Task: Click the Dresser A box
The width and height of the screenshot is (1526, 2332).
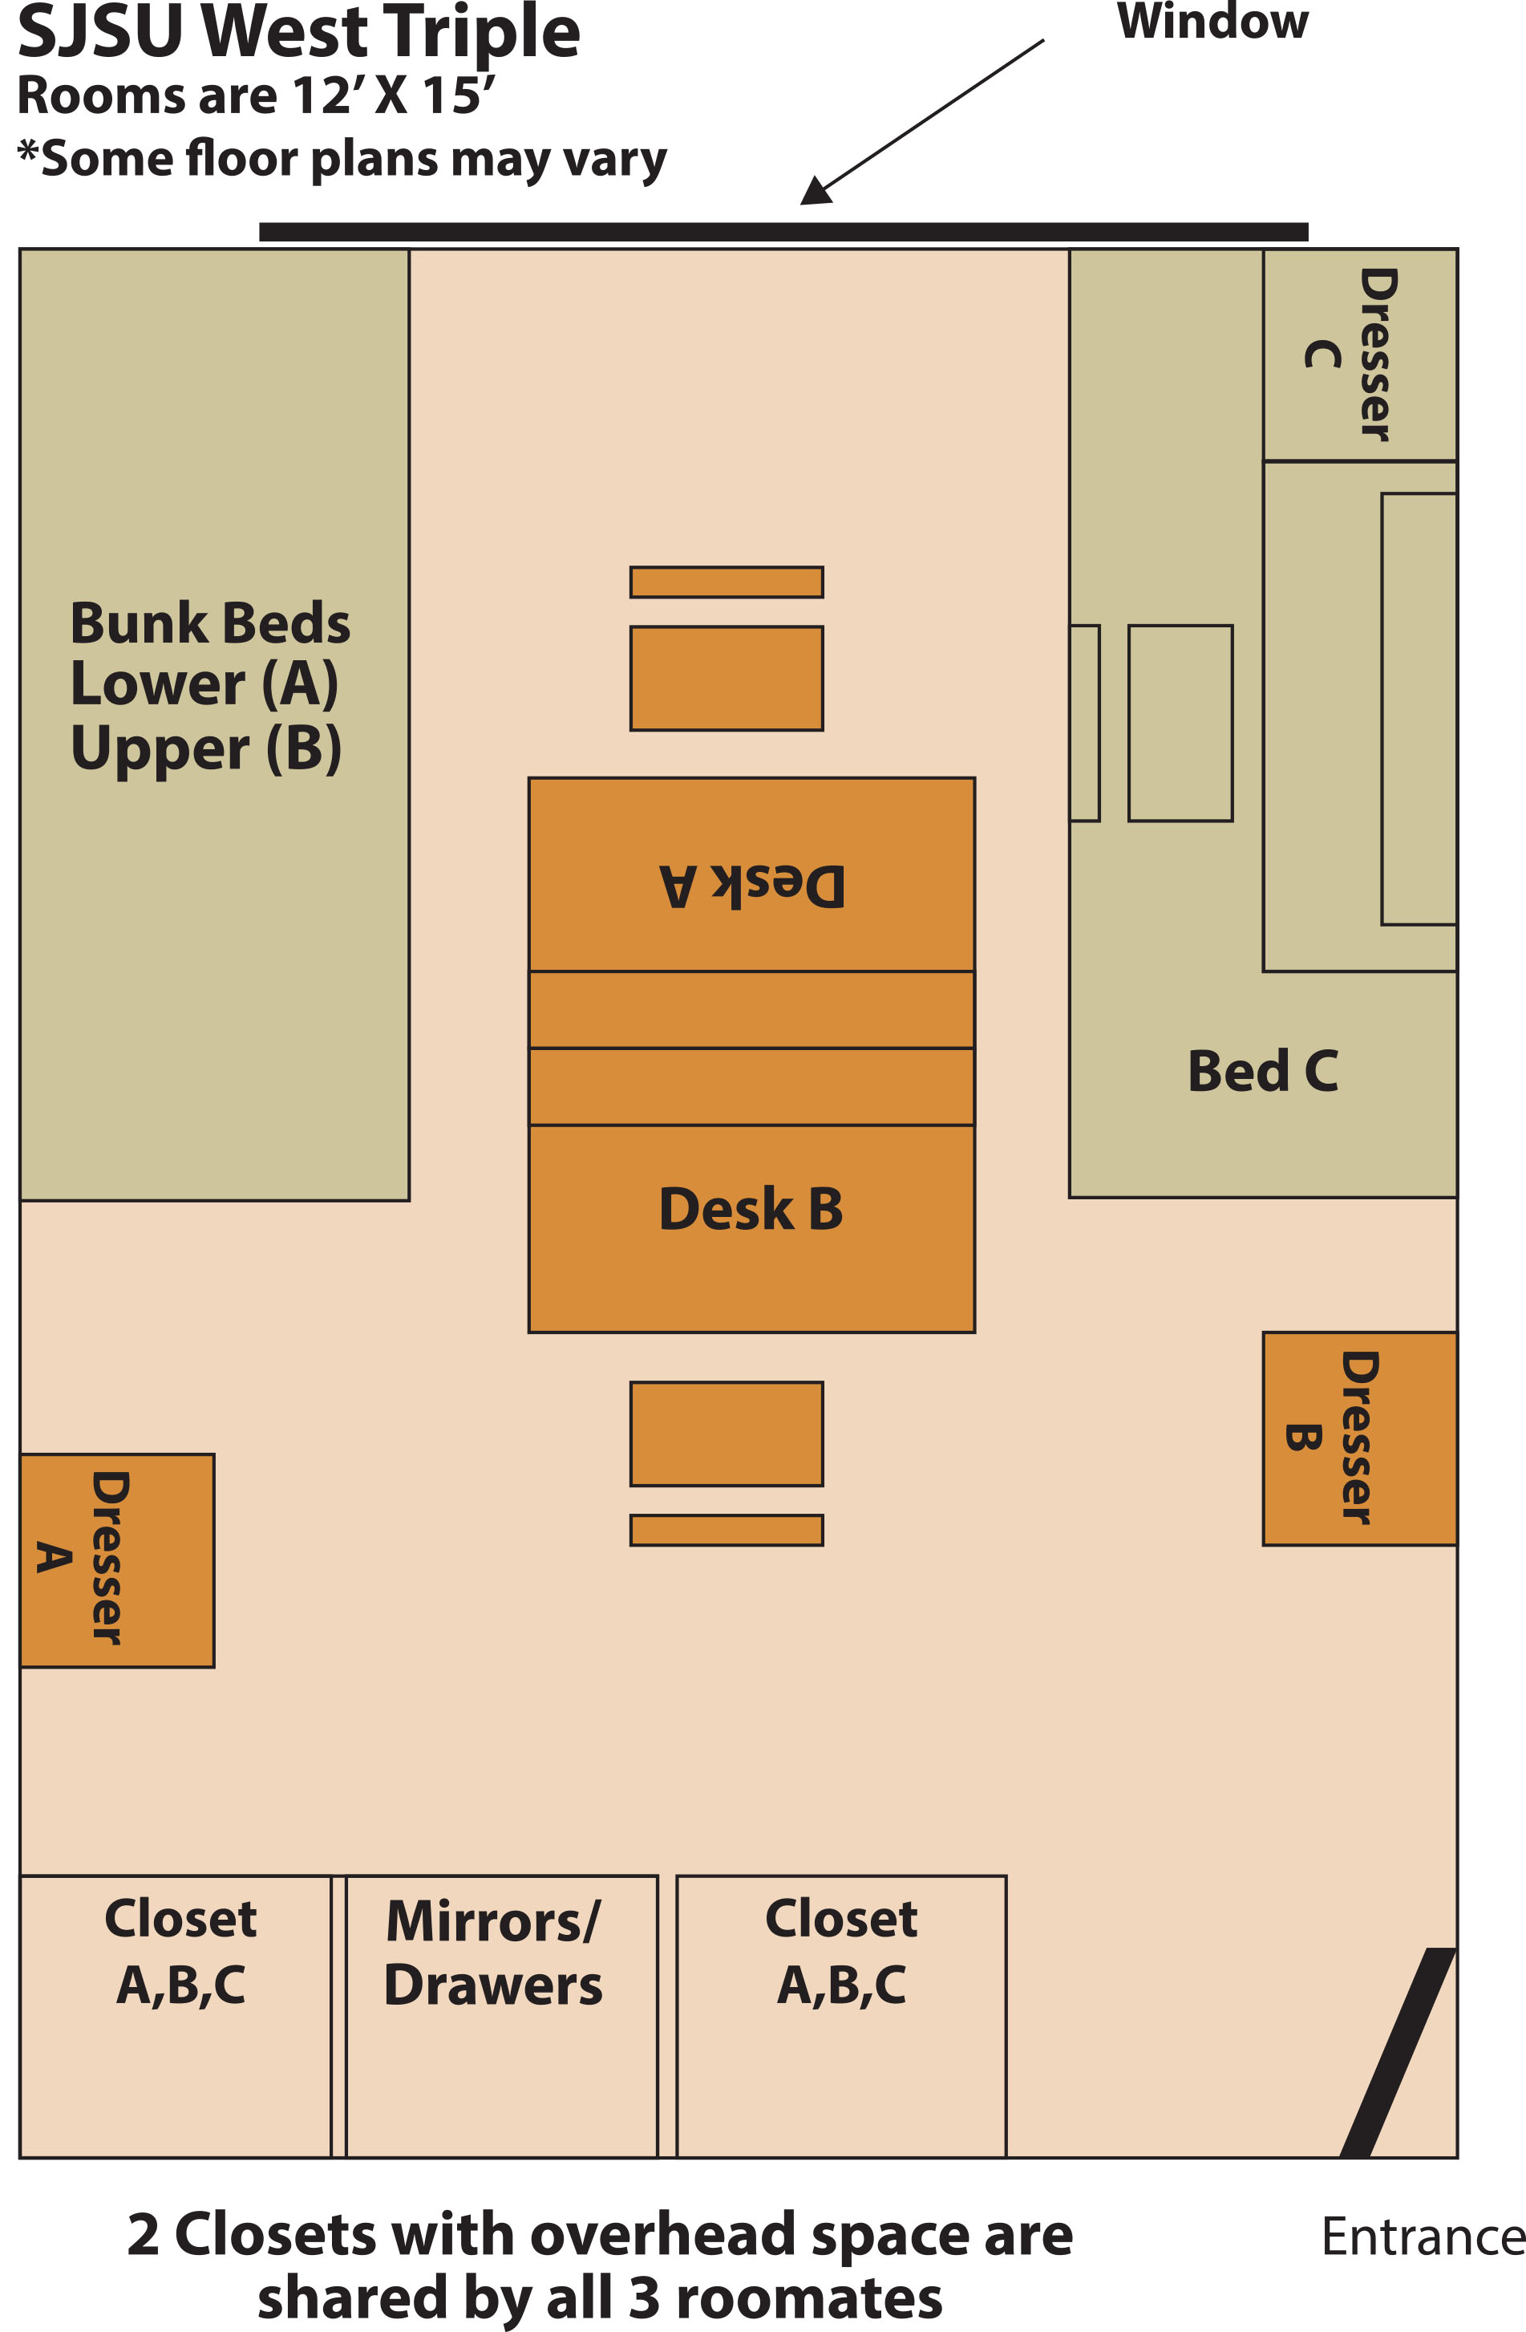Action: [116, 1560]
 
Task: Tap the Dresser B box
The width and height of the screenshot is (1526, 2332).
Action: [1358, 1438]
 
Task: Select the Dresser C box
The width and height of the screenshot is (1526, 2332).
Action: [1358, 355]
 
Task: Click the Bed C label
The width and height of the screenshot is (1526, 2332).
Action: [1261, 1070]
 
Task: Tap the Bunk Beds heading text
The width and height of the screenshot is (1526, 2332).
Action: [209, 623]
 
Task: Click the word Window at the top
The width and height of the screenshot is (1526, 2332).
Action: [1212, 22]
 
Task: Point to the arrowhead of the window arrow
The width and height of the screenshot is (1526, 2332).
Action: [816, 190]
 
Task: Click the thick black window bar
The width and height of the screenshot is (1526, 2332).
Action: [783, 232]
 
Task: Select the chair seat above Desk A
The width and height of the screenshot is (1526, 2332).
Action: [726, 678]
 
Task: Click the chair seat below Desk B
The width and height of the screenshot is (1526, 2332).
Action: [726, 1434]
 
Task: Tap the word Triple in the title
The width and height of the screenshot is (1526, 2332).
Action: [481, 31]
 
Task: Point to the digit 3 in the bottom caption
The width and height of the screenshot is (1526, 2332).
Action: [642, 2298]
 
